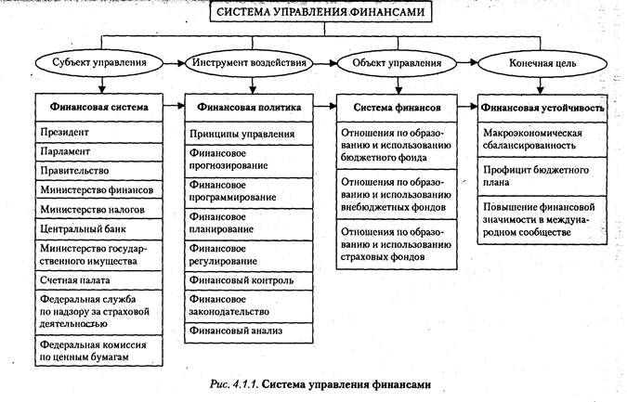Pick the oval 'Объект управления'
click(395, 63)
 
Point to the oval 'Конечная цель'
click(537, 63)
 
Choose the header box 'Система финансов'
click(395, 107)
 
